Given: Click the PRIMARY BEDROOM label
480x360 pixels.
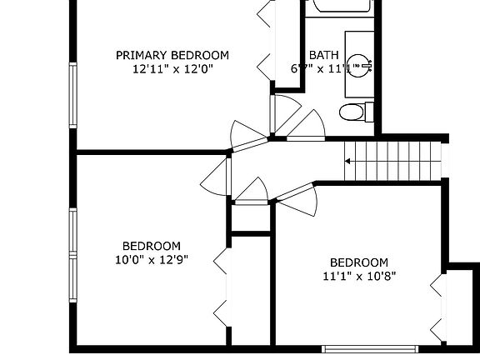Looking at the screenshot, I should click(x=172, y=56).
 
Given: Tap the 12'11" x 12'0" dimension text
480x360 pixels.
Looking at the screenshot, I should click(x=172, y=70).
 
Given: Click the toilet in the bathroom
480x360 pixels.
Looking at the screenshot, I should click(x=353, y=111).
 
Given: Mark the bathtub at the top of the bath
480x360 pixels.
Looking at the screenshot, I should click(x=338, y=8).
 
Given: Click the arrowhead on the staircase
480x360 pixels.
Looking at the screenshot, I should click(x=349, y=159).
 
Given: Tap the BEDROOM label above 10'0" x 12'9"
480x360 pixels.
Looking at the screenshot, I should click(x=152, y=246).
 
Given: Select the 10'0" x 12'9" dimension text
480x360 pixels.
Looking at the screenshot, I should click(x=152, y=259).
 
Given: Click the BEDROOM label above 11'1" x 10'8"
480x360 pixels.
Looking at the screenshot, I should click(x=358, y=262).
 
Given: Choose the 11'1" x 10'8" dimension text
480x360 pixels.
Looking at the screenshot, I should click(x=358, y=276).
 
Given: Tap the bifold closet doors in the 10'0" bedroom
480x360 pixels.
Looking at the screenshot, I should click(x=221, y=287).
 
